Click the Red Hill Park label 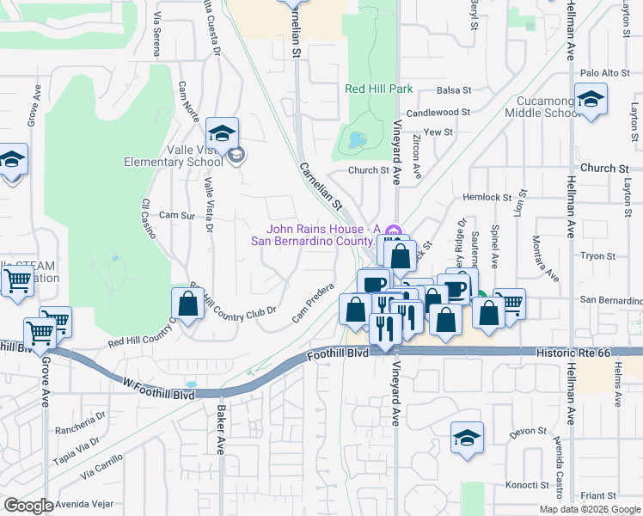tap(378, 89)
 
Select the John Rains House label tap(322, 234)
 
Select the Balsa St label tap(454, 89)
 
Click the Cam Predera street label tap(313, 304)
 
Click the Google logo tap(28, 506)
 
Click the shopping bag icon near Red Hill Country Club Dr tap(187, 303)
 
